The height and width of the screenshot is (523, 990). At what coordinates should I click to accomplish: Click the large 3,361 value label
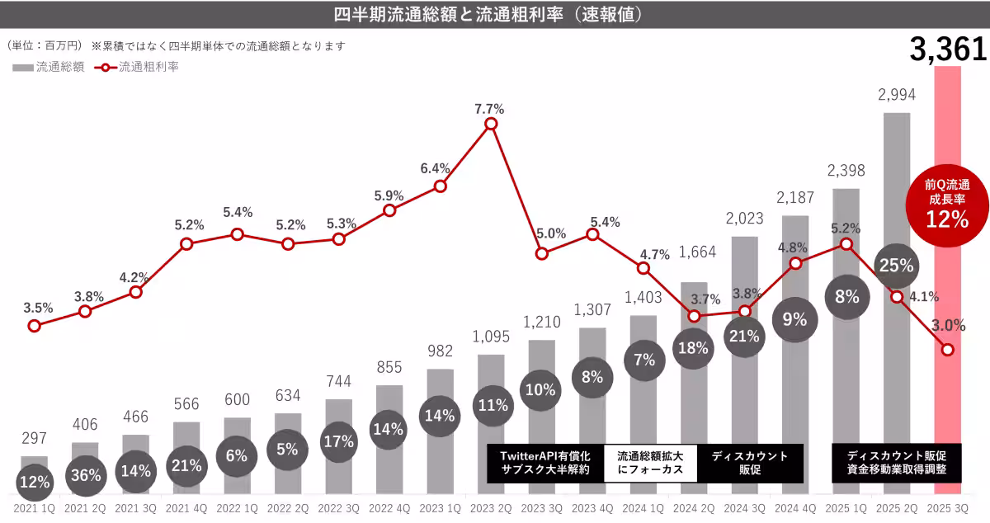coord(948,50)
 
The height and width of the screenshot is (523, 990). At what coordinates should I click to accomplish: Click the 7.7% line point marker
coord(491,124)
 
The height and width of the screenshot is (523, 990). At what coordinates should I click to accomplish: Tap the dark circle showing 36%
coord(86,475)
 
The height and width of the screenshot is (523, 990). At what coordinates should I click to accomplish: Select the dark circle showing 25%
coord(896,266)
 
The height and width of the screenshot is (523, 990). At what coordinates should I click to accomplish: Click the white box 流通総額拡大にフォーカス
coord(650,464)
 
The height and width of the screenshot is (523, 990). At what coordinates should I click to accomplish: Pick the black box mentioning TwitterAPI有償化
coord(544,464)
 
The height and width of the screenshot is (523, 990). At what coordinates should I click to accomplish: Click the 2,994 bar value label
coord(897,95)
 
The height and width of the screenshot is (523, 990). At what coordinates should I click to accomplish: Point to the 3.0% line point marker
coord(948,350)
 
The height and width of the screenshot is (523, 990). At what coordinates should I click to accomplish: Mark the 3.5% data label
coord(38,308)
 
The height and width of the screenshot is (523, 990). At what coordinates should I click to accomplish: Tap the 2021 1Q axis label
coord(33,510)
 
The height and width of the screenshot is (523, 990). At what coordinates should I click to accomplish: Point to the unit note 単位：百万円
coord(45,46)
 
